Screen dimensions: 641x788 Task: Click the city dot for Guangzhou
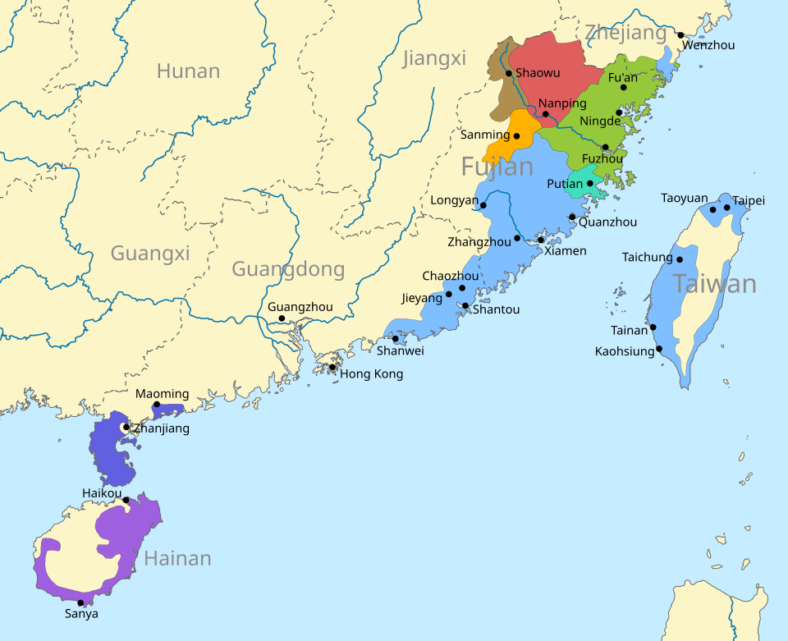(x=282, y=318)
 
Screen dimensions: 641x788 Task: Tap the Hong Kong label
(x=371, y=374)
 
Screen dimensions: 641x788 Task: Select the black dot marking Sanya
(x=80, y=603)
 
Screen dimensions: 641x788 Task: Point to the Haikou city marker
(x=126, y=500)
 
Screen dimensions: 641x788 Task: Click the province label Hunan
(x=188, y=71)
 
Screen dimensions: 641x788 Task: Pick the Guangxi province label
(x=150, y=253)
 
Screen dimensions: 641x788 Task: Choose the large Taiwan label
(x=714, y=284)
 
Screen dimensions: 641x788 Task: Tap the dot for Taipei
(x=727, y=208)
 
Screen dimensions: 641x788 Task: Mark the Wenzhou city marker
(x=680, y=35)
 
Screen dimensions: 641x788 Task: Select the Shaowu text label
(x=538, y=73)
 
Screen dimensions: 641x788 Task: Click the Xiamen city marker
(x=541, y=240)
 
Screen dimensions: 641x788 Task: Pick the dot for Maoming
(x=157, y=405)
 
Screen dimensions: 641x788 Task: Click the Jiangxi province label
(x=434, y=58)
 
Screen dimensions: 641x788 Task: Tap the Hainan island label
(x=177, y=559)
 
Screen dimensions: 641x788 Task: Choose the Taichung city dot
(x=680, y=259)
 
